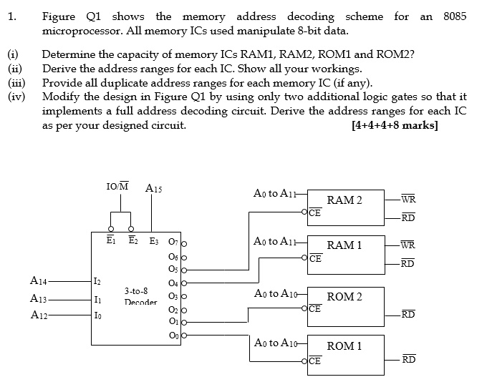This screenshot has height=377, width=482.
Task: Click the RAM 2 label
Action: pos(344,200)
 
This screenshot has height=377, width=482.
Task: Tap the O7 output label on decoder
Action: pos(173,240)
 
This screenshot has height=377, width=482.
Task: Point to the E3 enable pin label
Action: pos(154,240)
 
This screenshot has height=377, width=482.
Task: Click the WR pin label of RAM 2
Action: pos(408,198)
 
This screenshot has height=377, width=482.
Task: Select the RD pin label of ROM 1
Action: pos(408,358)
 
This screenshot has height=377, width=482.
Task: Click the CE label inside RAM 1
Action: pos(314,259)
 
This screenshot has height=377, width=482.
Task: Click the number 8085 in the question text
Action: pos(455,16)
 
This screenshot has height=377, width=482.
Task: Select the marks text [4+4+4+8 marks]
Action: pos(395,124)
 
